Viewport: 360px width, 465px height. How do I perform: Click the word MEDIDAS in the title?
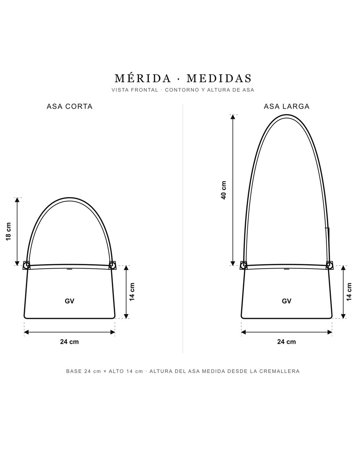point(219,78)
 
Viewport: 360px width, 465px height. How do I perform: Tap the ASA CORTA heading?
point(70,106)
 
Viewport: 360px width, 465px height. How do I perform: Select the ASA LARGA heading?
point(286,106)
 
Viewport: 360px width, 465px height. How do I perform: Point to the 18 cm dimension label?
point(8,232)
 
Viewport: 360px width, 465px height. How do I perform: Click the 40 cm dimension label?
point(224,190)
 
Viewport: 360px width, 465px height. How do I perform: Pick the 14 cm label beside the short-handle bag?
point(132,292)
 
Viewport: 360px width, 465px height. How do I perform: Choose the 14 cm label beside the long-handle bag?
point(349,292)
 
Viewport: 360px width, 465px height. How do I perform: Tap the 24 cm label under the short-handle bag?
point(69,342)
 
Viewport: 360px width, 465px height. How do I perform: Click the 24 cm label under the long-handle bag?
point(286,342)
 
